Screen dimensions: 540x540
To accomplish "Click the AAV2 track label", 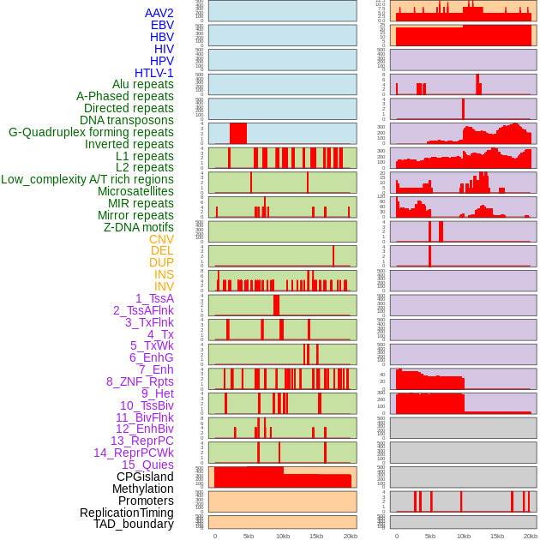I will click(x=159, y=14).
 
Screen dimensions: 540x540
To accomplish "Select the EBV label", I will click(x=162, y=26).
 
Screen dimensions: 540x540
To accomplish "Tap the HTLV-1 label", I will click(x=154, y=73).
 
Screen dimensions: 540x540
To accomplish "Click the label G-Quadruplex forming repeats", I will click(x=91, y=133).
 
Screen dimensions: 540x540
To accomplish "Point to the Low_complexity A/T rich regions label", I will click(x=87, y=180).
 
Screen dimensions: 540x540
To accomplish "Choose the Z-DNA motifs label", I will click(x=138, y=227).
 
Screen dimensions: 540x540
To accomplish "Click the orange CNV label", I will click(x=161, y=239).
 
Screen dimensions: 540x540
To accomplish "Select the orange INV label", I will click(x=164, y=286).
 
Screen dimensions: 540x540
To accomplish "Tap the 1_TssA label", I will click(x=154, y=298).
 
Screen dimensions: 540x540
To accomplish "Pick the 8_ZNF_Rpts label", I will click(x=140, y=381).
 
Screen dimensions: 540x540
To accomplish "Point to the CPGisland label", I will click(x=145, y=477).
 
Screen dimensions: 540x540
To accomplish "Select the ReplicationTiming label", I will click(x=127, y=513).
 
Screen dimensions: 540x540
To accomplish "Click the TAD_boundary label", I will click(x=134, y=524).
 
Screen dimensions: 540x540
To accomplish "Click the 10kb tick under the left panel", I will click(x=282, y=536).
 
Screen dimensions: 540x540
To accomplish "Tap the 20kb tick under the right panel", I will click(x=531, y=536).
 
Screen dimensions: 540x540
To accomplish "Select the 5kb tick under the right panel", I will click(x=429, y=536).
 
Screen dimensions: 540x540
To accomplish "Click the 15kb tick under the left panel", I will click(x=315, y=536).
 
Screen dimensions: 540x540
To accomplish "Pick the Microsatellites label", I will click(x=135, y=192).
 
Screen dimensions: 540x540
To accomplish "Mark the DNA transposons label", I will click(x=127, y=121).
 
